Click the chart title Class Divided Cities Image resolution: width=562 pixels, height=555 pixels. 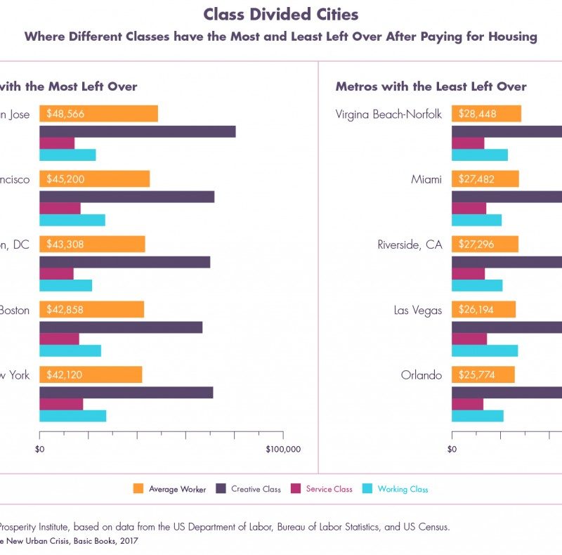pyautogui.click(x=281, y=14)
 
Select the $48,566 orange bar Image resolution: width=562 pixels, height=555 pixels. pyautogui.click(x=98, y=114)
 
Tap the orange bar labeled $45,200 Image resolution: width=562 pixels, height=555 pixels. pyautogui.click(x=94, y=179)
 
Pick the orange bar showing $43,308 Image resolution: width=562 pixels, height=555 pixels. pyautogui.click(x=92, y=244)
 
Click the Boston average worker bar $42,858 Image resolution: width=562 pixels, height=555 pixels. pyautogui.click(x=91, y=310)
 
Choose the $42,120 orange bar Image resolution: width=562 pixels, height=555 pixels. pyautogui.click(x=91, y=375)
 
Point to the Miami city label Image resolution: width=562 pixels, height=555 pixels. pyautogui.click(x=426, y=180)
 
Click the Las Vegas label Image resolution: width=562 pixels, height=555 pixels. pyautogui.click(x=418, y=310)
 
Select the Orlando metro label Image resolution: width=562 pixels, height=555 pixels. pyautogui.click(x=421, y=375)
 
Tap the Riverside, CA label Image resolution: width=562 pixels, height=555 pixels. pyautogui.click(x=410, y=244)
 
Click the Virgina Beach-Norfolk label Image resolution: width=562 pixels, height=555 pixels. pyautogui.click(x=388, y=114)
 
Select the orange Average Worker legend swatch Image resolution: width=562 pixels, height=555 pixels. pyautogui.click(x=138, y=489)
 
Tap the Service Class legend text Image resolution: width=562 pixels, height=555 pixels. pyautogui.click(x=329, y=489)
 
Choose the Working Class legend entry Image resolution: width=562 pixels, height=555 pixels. pyautogui.click(x=403, y=489)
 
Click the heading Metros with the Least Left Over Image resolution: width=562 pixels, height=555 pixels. pyautogui.click(x=431, y=86)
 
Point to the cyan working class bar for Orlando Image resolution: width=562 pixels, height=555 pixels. pyautogui.click(x=477, y=416)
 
